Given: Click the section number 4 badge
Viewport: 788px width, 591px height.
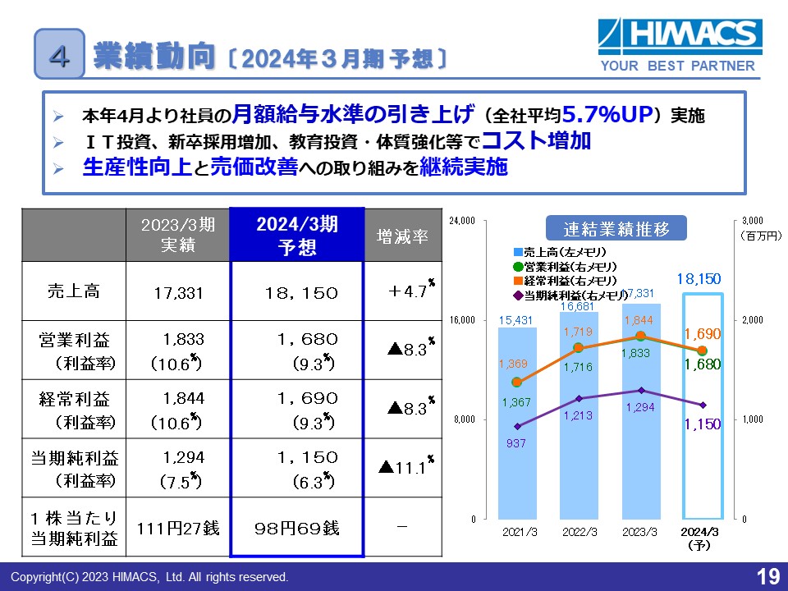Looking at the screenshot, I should pos(58,53).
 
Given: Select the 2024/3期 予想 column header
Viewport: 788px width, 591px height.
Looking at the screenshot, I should pos(297,236).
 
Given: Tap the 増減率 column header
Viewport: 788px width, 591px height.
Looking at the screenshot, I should pos(402,236).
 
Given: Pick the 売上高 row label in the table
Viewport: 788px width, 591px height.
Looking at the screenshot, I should pos(74,291).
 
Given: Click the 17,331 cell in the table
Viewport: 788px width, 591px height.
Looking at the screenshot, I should pos(178,292).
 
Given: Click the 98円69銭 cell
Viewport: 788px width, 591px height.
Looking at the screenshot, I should pos(297,528).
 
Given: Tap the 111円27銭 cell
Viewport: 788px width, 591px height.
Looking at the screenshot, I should pos(178,528).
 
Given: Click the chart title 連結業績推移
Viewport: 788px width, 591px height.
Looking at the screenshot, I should pos(616,227).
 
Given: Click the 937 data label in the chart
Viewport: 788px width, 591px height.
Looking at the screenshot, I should pos(517,444).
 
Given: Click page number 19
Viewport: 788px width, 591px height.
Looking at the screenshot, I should pos(767,577).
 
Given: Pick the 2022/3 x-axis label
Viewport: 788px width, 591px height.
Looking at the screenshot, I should pos(579,531).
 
